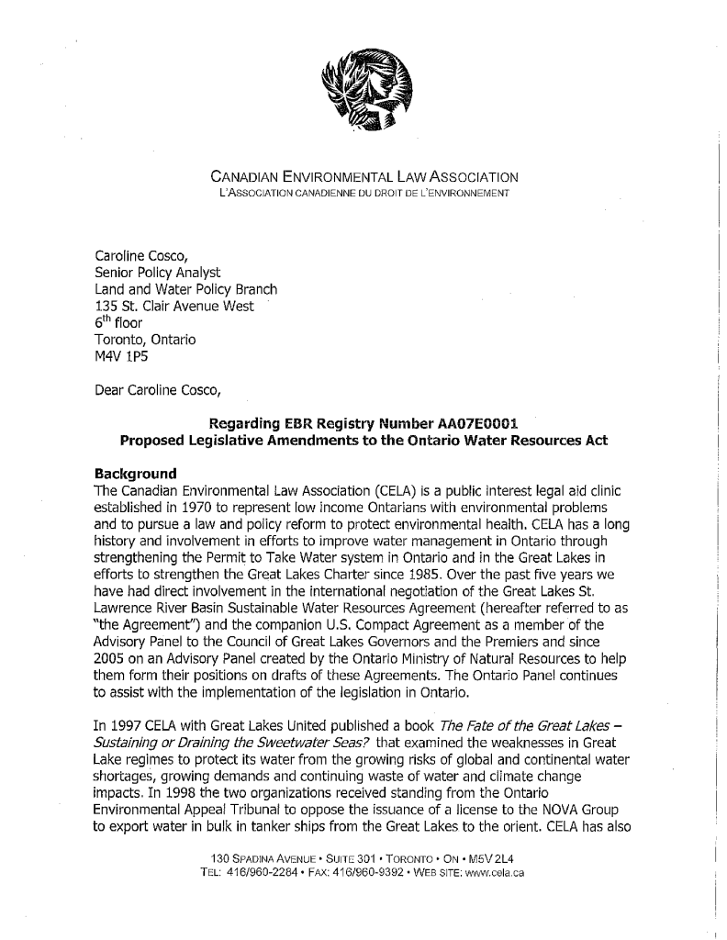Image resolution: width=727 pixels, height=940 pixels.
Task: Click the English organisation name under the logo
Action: coord(365,175)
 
